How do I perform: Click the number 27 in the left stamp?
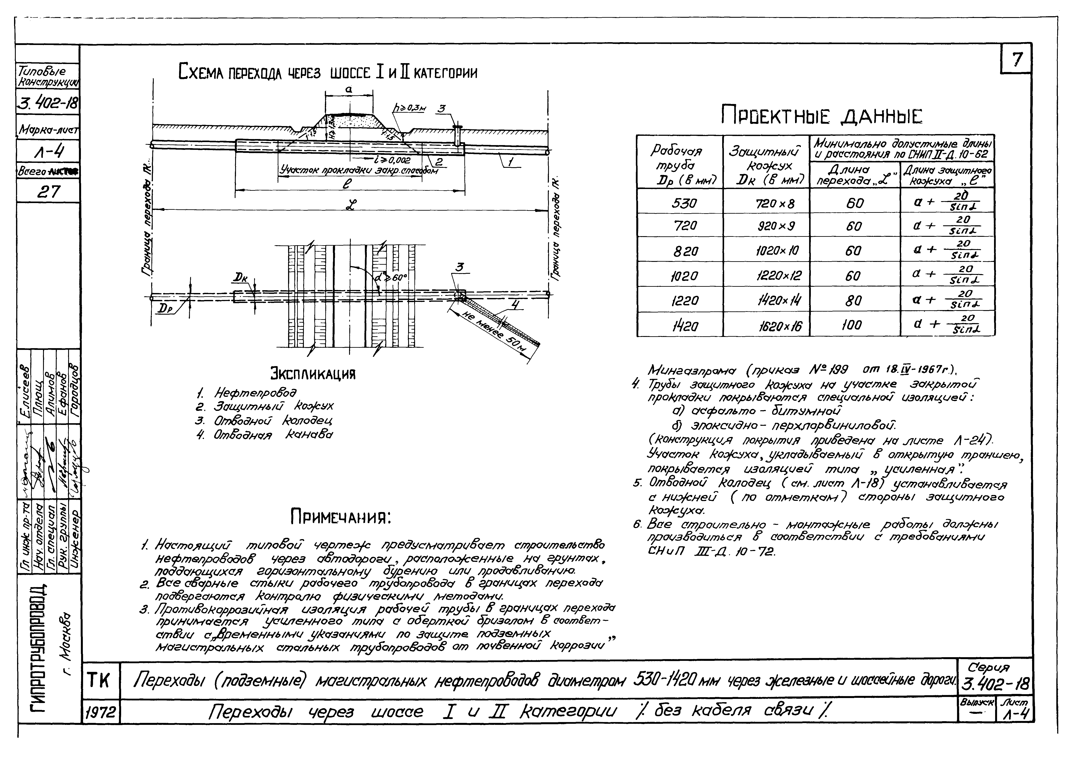pyautogui.click(x=48, y=192)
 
